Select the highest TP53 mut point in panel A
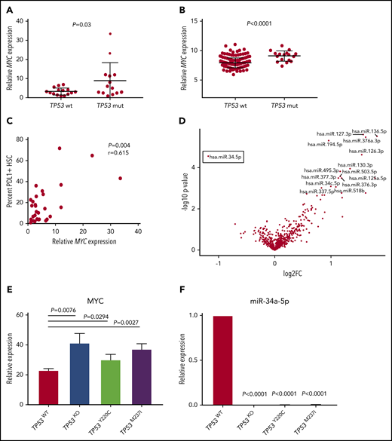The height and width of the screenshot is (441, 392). pos(131,34)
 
